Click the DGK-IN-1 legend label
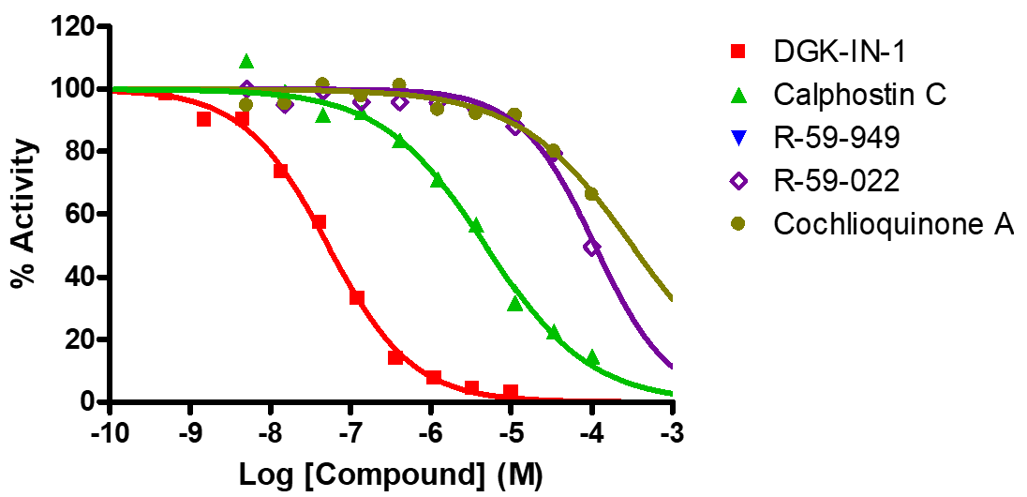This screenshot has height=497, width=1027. [840, 51]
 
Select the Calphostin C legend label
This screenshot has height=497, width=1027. [859, 94]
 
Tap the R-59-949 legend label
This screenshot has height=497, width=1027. [837, 138]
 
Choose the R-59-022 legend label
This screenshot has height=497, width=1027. [837, 181]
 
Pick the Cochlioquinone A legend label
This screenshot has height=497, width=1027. [894, 225]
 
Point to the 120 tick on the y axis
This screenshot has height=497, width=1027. [74, 26]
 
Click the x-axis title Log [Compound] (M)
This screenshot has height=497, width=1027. [391, 474]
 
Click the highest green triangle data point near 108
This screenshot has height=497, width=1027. [246, 62]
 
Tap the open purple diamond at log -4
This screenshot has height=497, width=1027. [591, 248]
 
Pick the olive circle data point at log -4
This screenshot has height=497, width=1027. [591, 194]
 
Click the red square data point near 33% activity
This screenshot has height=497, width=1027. [357, 298]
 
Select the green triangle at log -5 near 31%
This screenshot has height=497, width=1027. [514, 304]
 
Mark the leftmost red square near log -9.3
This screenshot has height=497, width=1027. [166, 93]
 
